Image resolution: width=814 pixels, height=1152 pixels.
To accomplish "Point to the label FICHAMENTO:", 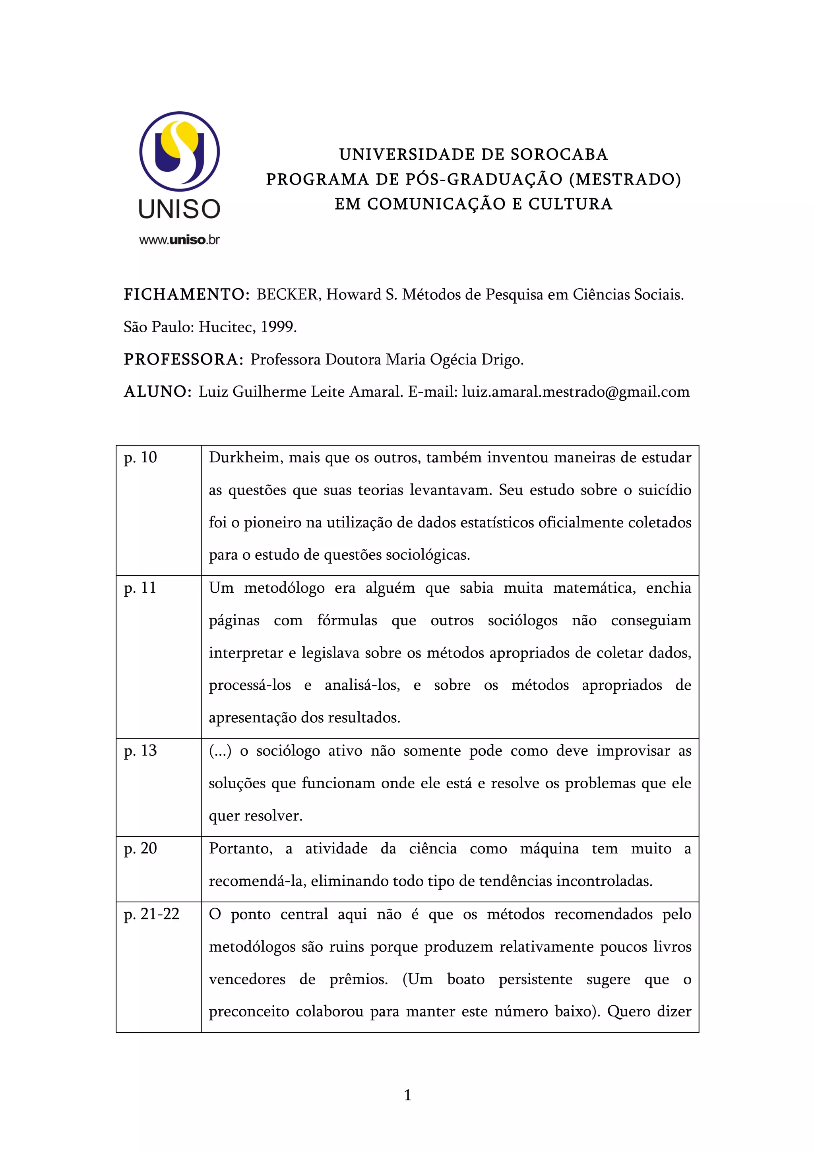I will (186, 295).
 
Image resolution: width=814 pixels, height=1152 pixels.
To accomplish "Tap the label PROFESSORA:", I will (184, 360).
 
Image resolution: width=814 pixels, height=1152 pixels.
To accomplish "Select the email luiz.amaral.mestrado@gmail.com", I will (575, 392).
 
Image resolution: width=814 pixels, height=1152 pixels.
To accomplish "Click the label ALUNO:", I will (157, 392).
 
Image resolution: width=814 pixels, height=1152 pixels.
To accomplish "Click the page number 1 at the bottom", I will (407, 1095).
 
